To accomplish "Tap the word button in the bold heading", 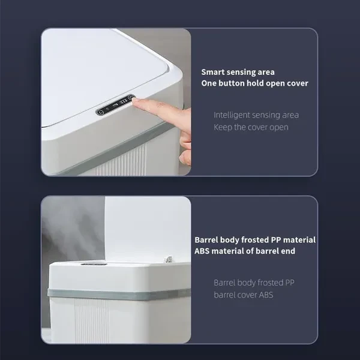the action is point(232,83).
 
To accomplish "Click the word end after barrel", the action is point(289,251).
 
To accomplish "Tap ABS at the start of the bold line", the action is point(202,251).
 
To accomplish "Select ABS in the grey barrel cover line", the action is point(266,295).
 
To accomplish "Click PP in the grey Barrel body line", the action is point(290,283).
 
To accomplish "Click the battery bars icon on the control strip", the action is point(124,103).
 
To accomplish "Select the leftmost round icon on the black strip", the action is point(100,113).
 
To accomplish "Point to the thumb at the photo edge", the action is point(185,159).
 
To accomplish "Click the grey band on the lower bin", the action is point(119,294).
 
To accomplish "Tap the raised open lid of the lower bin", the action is point(148,229).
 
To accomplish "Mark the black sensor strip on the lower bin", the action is point(94,264).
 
